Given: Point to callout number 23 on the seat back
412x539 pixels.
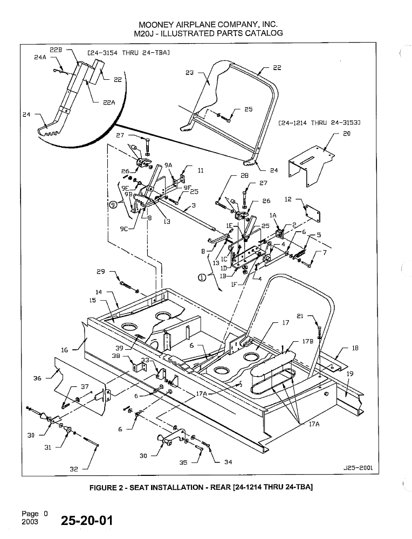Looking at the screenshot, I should [x=189, y=72].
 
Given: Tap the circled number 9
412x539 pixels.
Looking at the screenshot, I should [x=113, y=204].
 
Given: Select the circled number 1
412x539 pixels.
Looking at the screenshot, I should [x=201, y=278].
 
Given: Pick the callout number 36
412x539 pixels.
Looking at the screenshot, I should [x=37, y=378].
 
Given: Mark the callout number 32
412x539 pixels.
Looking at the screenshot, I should [x=74, y=469].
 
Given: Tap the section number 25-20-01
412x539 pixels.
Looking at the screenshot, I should [x=87, y=521].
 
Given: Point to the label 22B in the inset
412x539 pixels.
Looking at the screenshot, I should [x=56, y=50].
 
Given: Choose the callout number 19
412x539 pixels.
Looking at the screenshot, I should [x=349, y=374].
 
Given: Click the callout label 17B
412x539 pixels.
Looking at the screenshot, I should [x=308, y=342].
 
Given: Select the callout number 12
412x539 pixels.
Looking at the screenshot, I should [x=287, y=199].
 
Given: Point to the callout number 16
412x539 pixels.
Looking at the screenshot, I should [x=64, y=350].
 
